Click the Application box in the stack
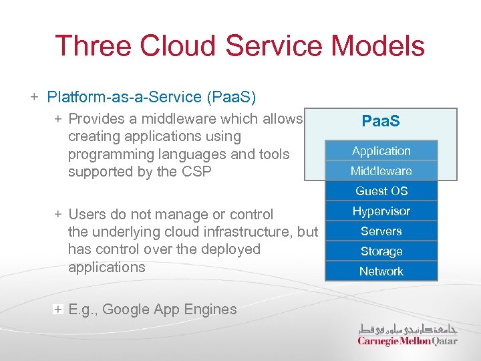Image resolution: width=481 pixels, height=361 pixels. click(x=381, y=151)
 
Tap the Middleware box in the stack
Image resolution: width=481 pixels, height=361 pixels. click(x=381, y=171)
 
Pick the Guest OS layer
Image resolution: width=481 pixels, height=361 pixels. click(x=381, y=191)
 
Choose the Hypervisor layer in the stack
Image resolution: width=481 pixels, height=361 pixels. click(x=381, y=211)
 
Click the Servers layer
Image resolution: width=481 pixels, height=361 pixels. click(x=381, y=231)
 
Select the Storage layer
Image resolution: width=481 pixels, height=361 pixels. click(x=381, y=251)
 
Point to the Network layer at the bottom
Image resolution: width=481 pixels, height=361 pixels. click(x=381, y=271)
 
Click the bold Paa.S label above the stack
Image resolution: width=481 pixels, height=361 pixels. click(x=381, y=122)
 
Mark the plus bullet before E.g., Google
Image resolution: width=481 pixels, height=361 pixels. click(x=59, y=309)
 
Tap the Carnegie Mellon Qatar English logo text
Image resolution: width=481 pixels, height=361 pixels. click(x=408, y=341)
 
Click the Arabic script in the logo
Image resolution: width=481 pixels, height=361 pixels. click(x=408, y=328)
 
